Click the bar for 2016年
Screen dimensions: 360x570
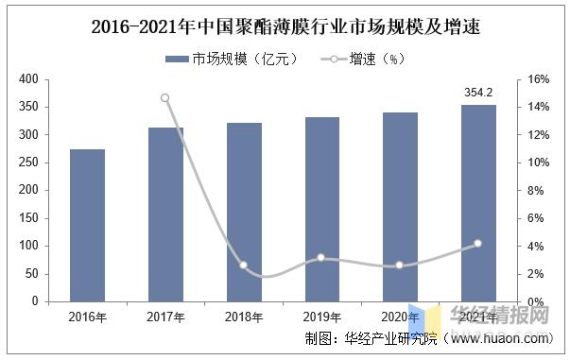(87, 225)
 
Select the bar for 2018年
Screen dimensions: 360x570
(243, 212)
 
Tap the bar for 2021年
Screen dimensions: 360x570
(477, 203)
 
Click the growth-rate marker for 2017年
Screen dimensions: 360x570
(165, 97)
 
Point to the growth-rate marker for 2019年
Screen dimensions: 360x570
(321, 257)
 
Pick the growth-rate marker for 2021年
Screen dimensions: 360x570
(477, 243)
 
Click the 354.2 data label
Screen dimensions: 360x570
(477, 93)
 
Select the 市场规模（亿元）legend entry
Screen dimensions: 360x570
(233, 59)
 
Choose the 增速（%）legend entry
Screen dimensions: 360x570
(364, 59)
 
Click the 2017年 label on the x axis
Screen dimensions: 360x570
(165, 317)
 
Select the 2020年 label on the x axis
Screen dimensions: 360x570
(399, 317)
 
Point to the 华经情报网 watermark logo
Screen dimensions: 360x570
(492, 317)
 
